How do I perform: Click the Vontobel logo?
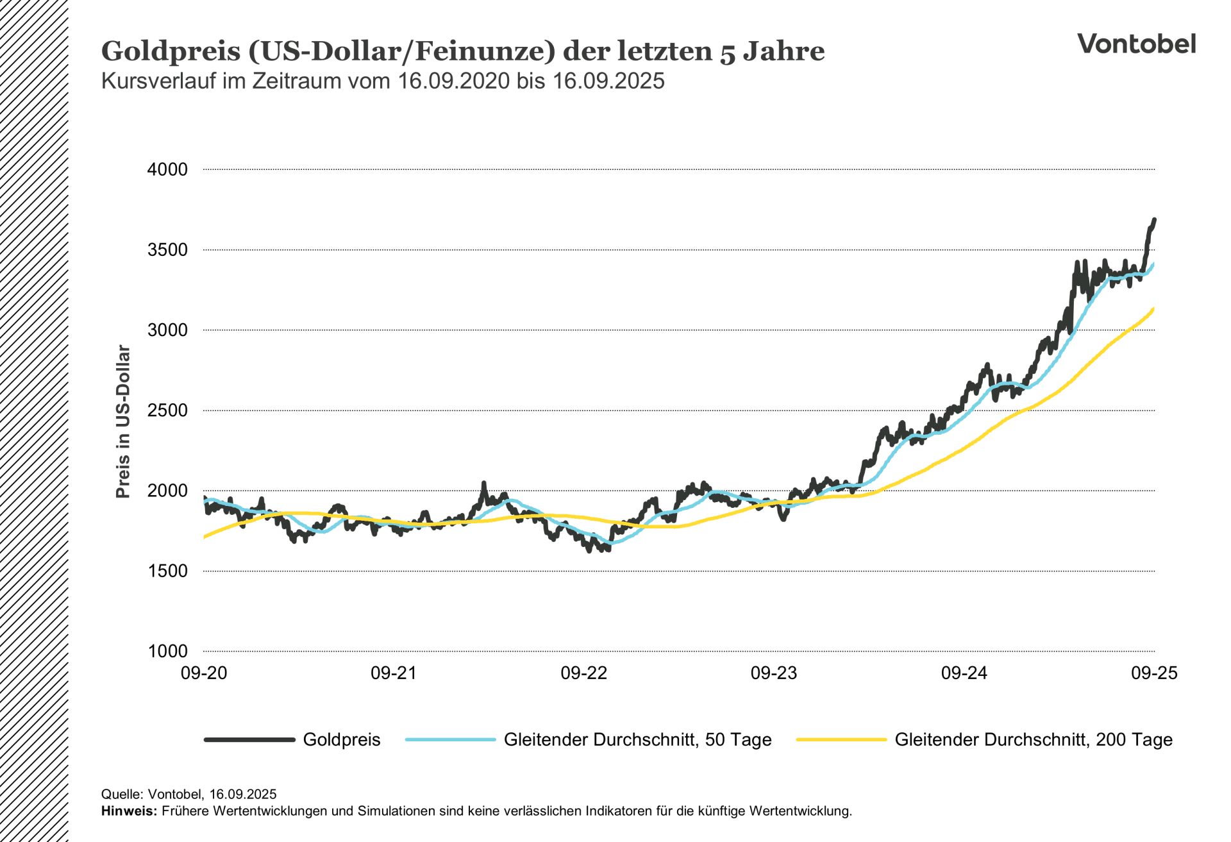(x=1136, y=44)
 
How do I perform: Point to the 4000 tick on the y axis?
(x=167, y=170)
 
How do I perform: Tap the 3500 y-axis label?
(x=167, y=250)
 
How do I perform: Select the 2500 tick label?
(x=167, y=410)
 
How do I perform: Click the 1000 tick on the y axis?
(x=167, y=652)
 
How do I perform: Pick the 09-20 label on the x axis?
(x=204, y=673)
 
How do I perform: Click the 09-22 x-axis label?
(x=583, y=673)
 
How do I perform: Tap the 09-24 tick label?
(x=964, y=673)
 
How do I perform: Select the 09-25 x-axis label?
(x=1154, y=673)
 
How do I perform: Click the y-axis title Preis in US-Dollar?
(x=122, y=421)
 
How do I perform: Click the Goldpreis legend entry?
(x=341, y=740)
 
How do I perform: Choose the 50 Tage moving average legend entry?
(x=637, y=740)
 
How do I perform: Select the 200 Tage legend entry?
(x=1033, y=740)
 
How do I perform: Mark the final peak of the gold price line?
(x=1154, y=220)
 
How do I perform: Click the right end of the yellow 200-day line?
(x=1153, y=309)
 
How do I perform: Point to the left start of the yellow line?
(x=205, y=537)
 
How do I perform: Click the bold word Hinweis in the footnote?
(x=128, y=811)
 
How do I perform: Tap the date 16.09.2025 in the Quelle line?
(x=242, y=795)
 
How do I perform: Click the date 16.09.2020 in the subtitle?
(x=453, y=81)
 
